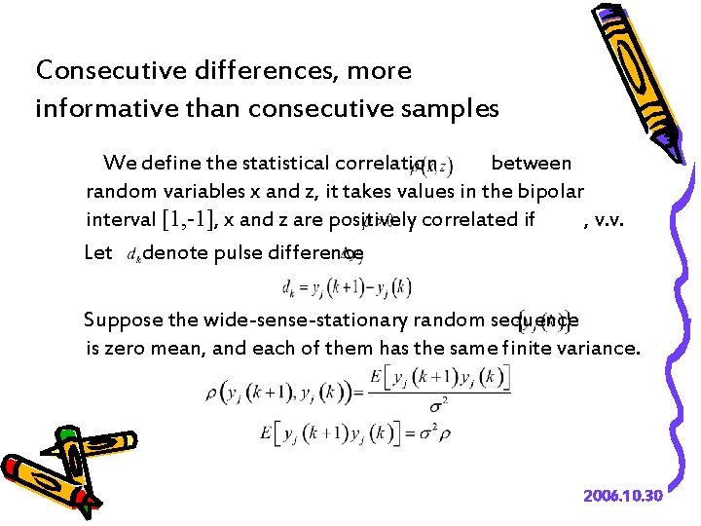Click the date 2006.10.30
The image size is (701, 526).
tap(623, 496)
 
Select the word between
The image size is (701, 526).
tap(531, 162)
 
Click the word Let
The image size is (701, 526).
tap(99, 253)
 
